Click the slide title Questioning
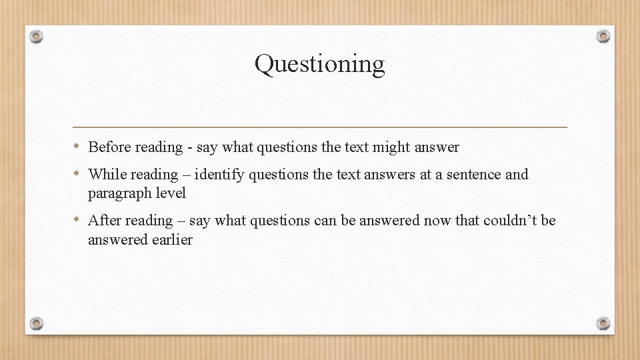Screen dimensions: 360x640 pos(319,64)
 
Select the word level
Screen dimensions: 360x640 pos(170,193)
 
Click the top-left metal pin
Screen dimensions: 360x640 pos(37,36)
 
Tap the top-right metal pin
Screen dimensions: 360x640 pos(603,36)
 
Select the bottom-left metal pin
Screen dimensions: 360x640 pos(37,323)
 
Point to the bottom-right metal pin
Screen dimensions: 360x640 pos(603,323)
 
